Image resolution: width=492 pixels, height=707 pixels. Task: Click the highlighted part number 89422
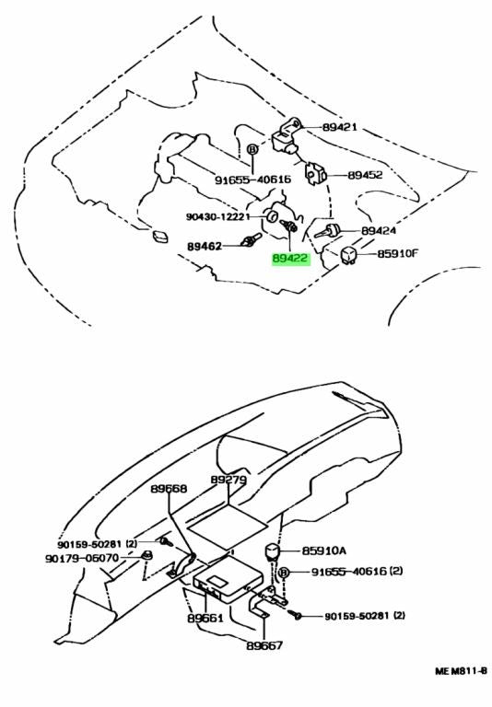tap(290, 259)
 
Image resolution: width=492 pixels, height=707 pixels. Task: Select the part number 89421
tap(339, 127)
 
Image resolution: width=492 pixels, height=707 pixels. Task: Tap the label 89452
tap(365, 175)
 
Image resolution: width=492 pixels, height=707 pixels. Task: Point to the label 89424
tap(379, 231)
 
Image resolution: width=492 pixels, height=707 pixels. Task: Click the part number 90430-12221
tap(218, 217)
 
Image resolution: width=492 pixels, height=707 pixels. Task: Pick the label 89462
tap(205, 247)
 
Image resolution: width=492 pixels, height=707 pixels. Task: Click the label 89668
tap(169, 488)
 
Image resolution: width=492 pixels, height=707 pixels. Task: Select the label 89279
tap(228, 480)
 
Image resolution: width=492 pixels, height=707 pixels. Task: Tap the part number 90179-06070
tap(82, 558)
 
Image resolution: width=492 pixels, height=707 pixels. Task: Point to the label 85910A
tap(324, 551)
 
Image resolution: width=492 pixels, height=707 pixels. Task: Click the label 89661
tap(205, 618)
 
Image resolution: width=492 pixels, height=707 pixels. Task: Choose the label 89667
tap(264, 645)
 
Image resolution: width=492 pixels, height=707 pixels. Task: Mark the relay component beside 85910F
tap(349, 255)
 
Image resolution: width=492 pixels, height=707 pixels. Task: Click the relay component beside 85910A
tap(272, 551)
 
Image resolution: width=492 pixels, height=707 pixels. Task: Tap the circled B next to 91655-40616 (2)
tap(284, 573)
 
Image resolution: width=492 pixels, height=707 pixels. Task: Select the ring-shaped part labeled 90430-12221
tap(272, 216)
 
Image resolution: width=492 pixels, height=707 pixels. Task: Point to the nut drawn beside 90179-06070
tap(147, 555)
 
